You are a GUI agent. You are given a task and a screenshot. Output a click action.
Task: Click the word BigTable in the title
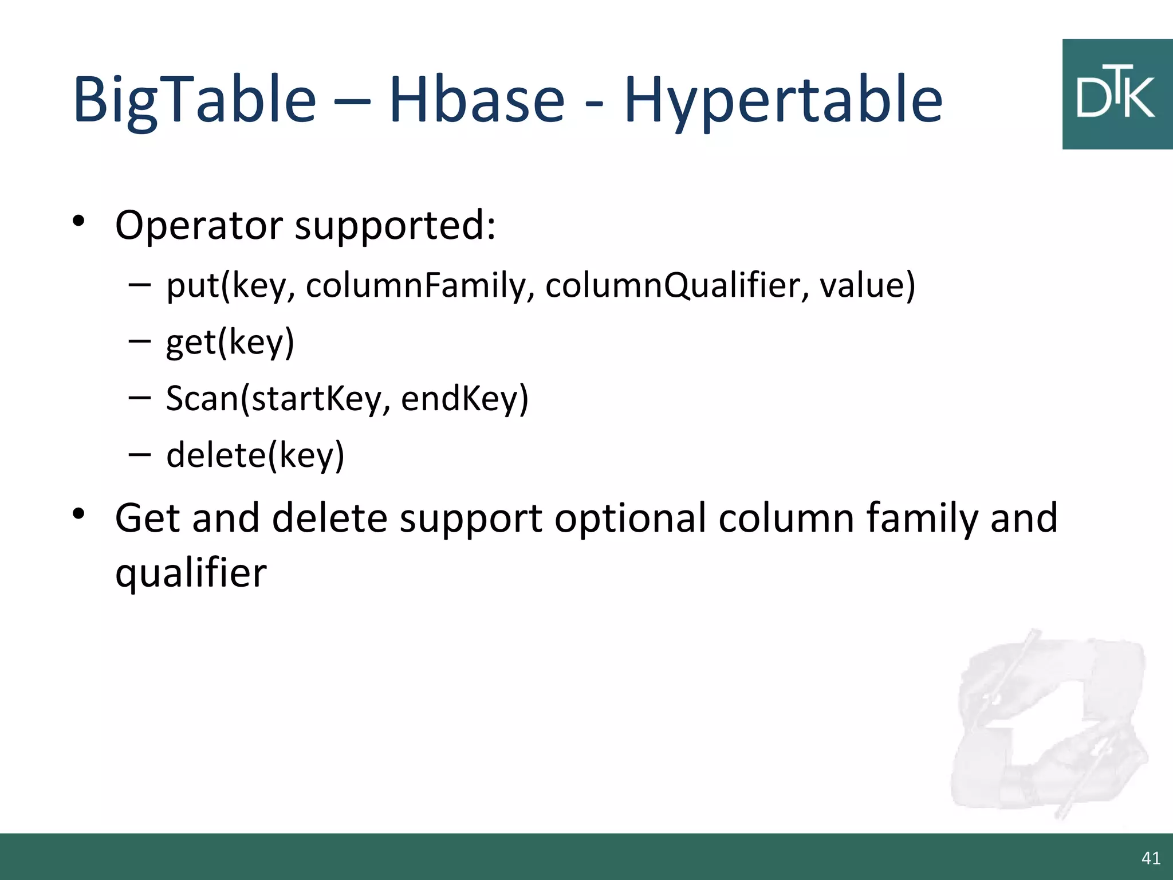pyautogui.click(x=195, y=100)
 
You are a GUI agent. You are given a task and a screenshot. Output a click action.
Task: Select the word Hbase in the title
pyautogui.click(x=477, y=100)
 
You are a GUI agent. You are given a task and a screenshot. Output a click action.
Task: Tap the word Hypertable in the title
pyautogui.click(x=783, y=100)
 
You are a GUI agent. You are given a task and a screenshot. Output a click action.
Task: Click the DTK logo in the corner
pyautogui.click(x=1117, y=95)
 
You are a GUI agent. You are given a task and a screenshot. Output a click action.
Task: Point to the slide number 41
pyautogui.click(x=1151, y=858)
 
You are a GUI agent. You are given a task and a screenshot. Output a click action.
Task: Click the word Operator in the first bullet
pyautogui.click(x=199, y=225)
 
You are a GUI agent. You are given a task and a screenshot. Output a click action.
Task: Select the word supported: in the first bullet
pyautogui.click(x=395, y=225)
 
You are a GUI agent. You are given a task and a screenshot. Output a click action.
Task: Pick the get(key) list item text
pyautogui.click(x=230, y=343)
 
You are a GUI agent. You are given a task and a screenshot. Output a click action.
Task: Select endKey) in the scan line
pyautogui.click(x=465, y=399)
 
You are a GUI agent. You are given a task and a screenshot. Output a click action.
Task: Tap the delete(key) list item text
pyautogui.click(x=255, y=455)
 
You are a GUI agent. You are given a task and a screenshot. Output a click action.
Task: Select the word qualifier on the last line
pyautogui.click(x=191, y=573)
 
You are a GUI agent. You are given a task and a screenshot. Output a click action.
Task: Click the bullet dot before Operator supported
pyautogui.click(x=79, y=221)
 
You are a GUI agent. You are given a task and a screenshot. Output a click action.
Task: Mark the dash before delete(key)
pyautogui.click(x=140, y=454)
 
